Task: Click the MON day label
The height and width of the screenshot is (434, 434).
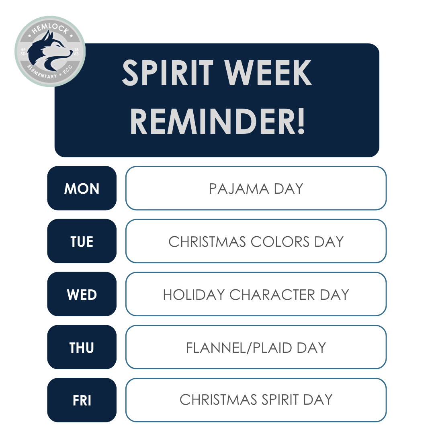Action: click(82, 189)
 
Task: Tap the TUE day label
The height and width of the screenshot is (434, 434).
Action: click(82, 242)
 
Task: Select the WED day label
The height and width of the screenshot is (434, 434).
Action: click(82, 295)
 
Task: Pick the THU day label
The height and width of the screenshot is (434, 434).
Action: click(82, 348)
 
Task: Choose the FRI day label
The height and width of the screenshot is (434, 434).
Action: click(82, 401)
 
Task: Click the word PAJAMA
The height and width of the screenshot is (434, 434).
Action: click(239, 189)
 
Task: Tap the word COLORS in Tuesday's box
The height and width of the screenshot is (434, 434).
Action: click(280, 242)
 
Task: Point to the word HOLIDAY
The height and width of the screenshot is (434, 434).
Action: click(194, 295)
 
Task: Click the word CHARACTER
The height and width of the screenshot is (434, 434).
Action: click(272, 295)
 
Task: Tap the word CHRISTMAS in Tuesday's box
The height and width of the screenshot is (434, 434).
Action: click(207, 242)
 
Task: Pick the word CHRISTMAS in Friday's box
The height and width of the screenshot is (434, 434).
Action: click(218, 400)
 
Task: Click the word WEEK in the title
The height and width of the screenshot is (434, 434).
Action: click(268, 73)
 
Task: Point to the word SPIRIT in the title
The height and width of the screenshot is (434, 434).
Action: click(168, 73)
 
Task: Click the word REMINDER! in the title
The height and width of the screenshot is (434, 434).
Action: click(217, 121)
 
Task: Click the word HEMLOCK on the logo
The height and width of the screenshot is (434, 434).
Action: click(50, 29)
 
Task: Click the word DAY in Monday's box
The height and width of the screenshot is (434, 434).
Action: click(289, 189)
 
